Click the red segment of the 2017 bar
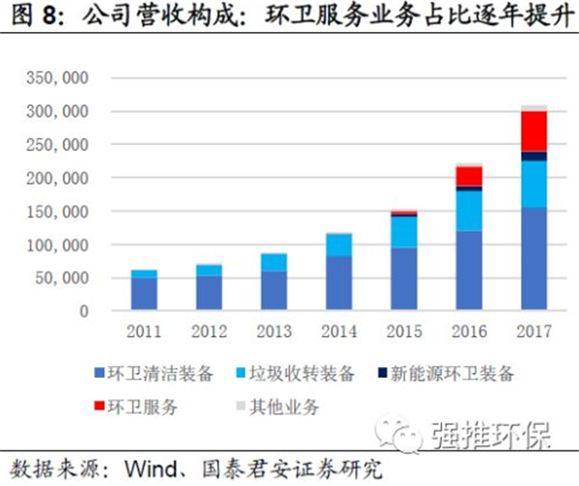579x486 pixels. click(533, 131)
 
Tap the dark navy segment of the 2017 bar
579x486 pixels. click(533, 156)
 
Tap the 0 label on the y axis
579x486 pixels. click(84, 312)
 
